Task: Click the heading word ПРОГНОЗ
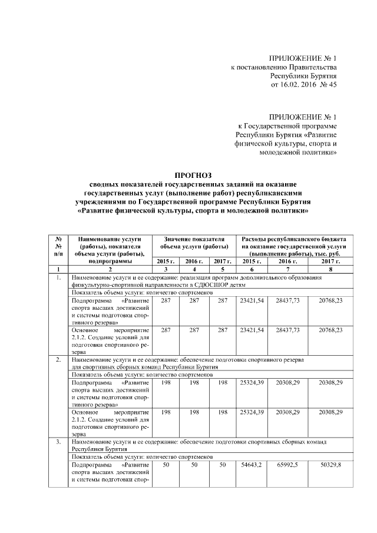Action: click(194, 175)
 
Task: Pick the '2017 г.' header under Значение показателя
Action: click(222, 260)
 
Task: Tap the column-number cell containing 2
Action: click(110, 269)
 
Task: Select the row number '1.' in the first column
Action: click(58, 277)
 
